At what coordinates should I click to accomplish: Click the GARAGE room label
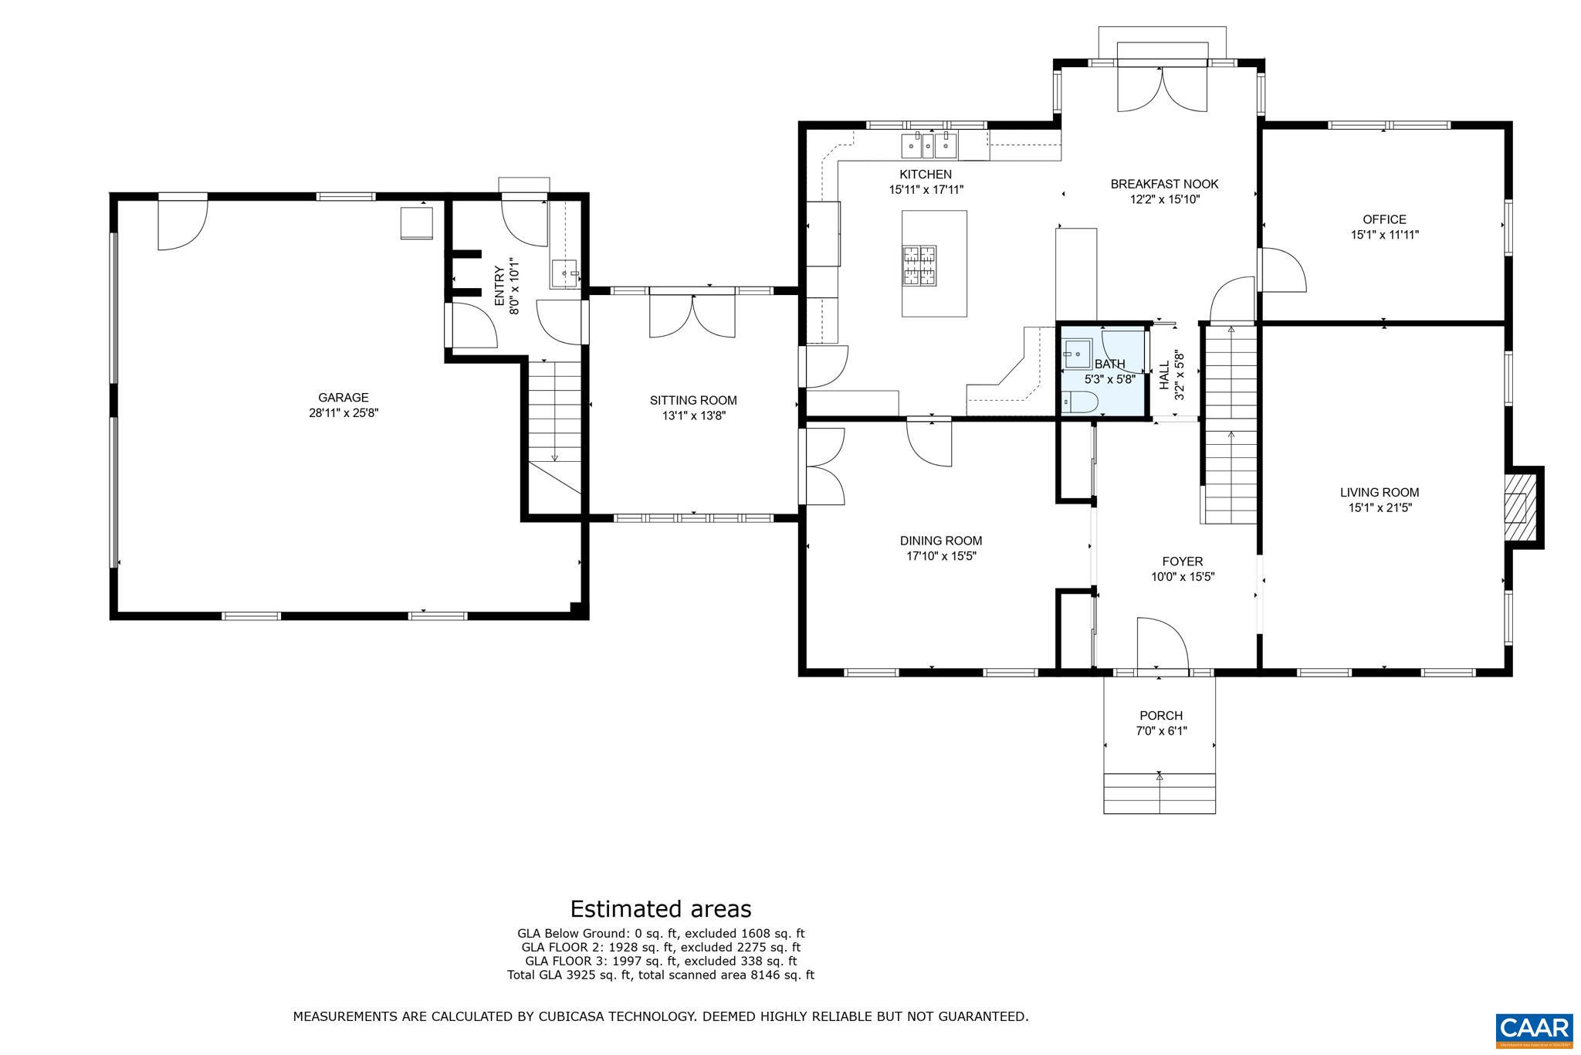(343, 398)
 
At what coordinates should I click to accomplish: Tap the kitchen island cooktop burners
(919, 265)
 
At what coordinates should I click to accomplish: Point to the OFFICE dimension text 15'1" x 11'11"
(1384, 235)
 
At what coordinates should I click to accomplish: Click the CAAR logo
(1533, 1029)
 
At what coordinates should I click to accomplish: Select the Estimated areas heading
(660, 908)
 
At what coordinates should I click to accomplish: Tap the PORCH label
(1160, 716)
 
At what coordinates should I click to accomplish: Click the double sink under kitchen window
(929, 144)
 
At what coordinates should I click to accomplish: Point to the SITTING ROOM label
(692, 400)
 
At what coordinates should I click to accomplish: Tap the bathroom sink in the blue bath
(1075, 354)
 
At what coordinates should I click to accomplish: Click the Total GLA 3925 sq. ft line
(660, 975)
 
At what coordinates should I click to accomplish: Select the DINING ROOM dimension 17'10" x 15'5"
(941, 556)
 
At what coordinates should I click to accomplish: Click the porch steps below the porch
(1160, 793)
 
